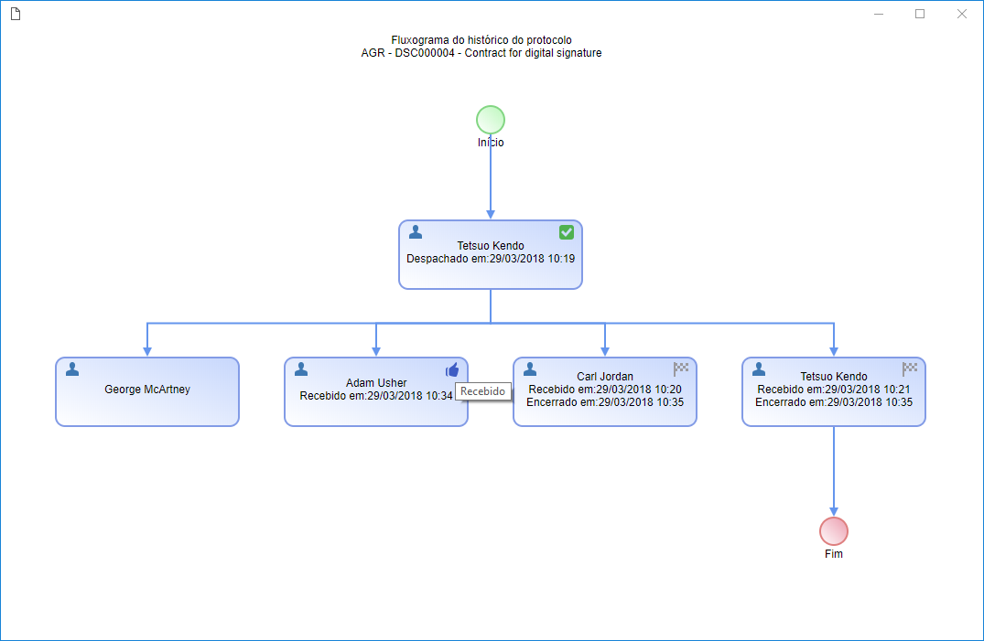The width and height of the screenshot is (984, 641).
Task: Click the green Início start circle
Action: point(490,120)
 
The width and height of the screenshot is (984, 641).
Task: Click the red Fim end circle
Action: point(833,531)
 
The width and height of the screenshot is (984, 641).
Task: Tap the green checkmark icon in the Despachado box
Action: point(566,232)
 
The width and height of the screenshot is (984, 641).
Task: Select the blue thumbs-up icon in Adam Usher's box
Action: point(452,370)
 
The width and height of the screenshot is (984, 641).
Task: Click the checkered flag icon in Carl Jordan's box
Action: point(681,369)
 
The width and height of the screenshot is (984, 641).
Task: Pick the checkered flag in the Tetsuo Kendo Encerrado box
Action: point(909,369)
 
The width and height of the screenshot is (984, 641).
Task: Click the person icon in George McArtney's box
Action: point(72,369)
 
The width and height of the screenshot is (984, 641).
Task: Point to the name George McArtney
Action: point(146,390)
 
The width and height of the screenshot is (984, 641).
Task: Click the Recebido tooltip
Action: point(482,391)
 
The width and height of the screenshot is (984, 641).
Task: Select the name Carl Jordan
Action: point(605,377)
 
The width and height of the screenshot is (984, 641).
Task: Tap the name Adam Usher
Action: point(376,382)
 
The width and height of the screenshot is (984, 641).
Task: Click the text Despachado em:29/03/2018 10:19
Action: point(490,259)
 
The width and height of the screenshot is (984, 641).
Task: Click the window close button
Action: point(961,14)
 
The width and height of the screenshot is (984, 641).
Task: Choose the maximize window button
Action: point(920,14)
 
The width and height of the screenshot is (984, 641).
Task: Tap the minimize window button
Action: point(879,14)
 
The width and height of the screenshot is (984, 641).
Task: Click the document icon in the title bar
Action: point(16,14)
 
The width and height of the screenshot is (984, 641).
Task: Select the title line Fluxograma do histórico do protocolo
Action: point(481,40)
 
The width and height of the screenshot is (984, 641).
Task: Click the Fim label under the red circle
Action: point(833,554)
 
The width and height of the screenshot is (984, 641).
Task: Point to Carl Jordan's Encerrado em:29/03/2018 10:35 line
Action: point(605,402)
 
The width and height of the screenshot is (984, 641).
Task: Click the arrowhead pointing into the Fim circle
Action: point(833,512)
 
